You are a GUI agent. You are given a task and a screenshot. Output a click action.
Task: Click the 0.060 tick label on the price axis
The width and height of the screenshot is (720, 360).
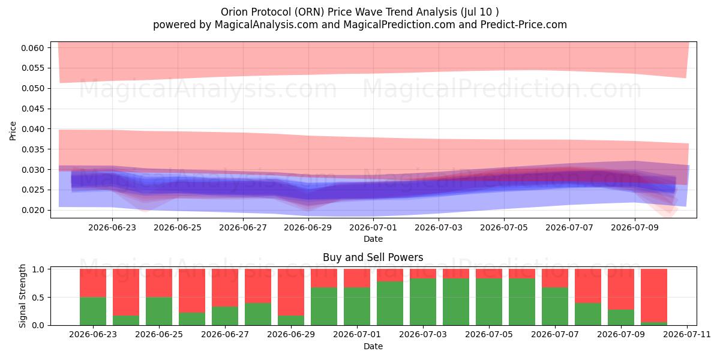pyautogui.click(x=32, y=48)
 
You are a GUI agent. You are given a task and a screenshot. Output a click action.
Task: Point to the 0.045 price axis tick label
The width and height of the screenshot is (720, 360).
pyautogui.click(x=32, y=109)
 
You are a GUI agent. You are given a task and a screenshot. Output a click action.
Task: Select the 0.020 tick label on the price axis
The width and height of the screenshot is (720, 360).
pyautogui.click(x=32, y=210)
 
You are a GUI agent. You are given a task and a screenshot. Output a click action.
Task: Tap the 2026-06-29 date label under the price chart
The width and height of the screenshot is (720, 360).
pyautogui.click(x=308, y=227)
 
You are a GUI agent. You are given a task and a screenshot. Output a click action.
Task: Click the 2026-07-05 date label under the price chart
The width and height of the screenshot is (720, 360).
pyautogui.click(x=503, y=227)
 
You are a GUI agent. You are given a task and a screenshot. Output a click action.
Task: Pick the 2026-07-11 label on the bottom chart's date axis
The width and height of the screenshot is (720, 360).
pyautogui.click(x=687, y=334)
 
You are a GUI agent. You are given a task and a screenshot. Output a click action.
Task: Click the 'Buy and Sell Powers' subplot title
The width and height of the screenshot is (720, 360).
pyautogui.click(x=373, y=257)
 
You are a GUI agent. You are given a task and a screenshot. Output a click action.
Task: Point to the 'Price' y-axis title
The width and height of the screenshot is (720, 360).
pyautogui.click(x=13, y=131)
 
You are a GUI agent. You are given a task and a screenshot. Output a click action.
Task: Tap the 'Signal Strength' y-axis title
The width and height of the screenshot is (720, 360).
pyautogui.click(x=22, y=296)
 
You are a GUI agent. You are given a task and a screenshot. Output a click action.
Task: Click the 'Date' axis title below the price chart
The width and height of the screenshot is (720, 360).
pyautogui.click(x=373, y=239)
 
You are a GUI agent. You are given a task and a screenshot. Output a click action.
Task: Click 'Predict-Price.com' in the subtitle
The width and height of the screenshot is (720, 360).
pyautogui.click(x=524, y=25)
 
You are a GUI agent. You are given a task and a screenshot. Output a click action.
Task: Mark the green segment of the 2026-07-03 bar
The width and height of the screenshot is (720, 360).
pyautogui.click(x=423, y=302)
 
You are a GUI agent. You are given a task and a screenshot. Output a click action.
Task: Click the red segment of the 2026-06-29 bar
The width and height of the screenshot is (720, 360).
pyautogui.click(x=291, y=292)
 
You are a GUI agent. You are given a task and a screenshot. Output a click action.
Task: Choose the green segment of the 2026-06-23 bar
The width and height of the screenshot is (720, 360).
pyautogui.click(x=93, y=311)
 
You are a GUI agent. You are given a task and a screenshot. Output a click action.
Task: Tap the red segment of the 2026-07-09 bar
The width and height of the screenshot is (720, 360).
pyautogui.click(x=621, y=289)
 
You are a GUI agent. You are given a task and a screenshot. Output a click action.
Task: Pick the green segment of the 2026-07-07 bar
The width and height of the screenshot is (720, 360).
pyautogui.click(x=555, y=307)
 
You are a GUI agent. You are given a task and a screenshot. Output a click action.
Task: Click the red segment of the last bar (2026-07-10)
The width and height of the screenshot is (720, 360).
pyautogui.click(x=654, y=295)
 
